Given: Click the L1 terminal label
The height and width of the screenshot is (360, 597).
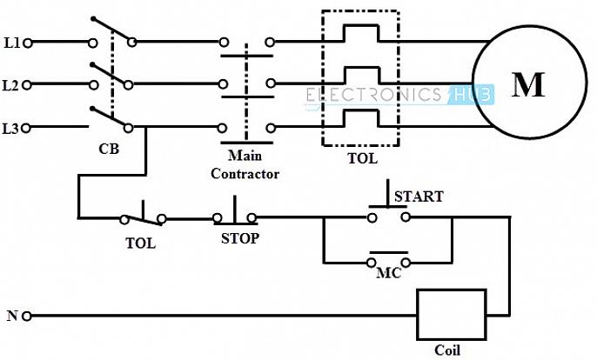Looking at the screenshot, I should coord(11,41).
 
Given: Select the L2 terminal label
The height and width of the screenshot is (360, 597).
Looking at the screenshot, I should coord(11,85).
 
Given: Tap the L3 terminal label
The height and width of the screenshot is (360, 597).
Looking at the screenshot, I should coord(11,129).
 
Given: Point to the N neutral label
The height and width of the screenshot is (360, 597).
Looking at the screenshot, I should coord(12,316).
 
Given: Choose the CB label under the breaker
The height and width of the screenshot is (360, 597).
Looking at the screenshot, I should coord(109,149).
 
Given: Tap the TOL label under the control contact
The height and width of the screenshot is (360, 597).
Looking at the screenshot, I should coord(139,243).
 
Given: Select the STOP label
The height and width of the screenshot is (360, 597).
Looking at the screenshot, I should coord(238,237).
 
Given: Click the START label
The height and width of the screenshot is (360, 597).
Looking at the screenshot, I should coord(419,197).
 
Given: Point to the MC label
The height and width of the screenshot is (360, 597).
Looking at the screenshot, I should coord(388,272).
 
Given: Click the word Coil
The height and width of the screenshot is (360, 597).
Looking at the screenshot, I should coord(447,350).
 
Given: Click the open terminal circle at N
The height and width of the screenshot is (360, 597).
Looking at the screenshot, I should coord(28,316).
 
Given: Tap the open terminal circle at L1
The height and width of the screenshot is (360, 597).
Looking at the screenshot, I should coord(28,41).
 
